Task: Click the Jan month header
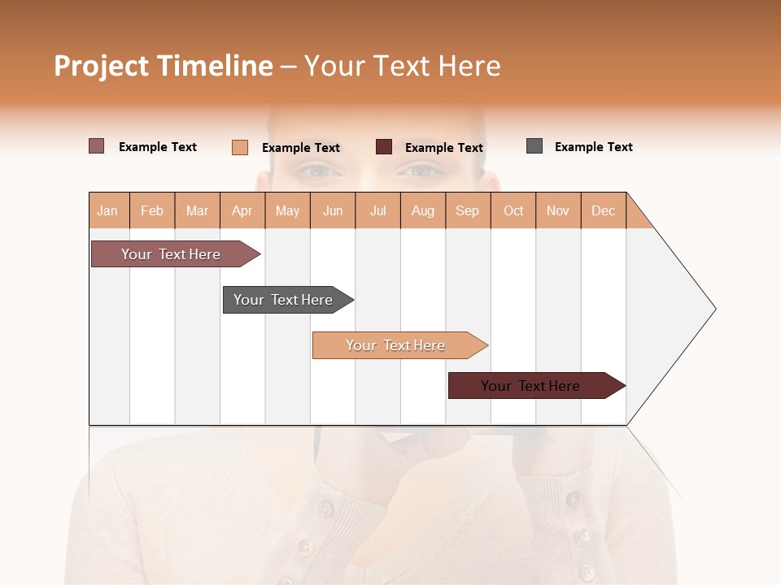[x=107, y=210]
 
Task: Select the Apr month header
[x=242, y=210]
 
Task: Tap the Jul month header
[x=377, y=210]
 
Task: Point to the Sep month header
[x=467, y=210]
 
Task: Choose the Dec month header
[x=603, y=210]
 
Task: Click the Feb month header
[x=152, y=210]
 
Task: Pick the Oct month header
[x=513, y=210]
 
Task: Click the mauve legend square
[x=97, y=146]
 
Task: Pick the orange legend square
[x=240, y=147]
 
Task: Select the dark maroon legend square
[x=384, y=147]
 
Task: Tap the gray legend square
[x=534, y=146]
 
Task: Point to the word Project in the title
[x=102, y=66]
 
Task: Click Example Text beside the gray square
[x=593, y=147]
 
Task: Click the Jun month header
[x=333, y=210]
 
